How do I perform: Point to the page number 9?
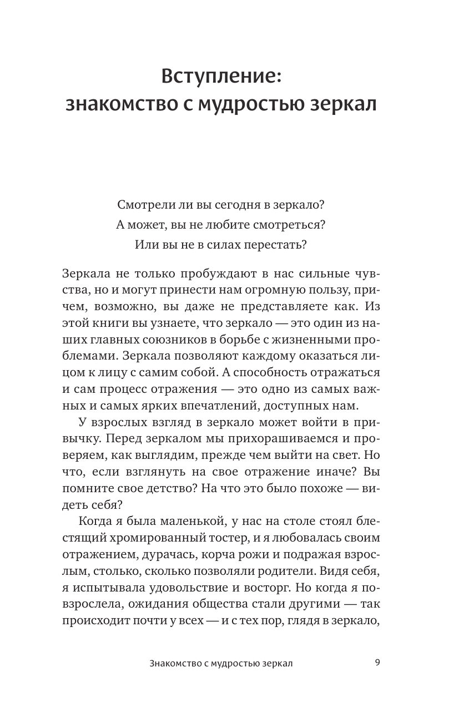[x=377, y=662]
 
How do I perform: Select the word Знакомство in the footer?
[x=174, y=663]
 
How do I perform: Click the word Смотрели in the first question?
[x=143, y=204]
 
